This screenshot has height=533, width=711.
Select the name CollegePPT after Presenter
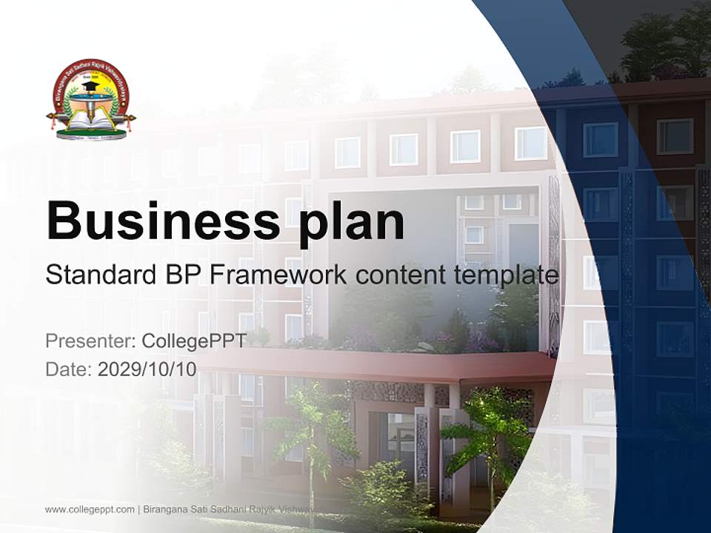click(x=193, y=341)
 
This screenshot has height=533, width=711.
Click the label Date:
click(x=69, y=369)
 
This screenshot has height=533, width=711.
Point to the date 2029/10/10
click(x=147, y=369)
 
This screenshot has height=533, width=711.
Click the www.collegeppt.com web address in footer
click(x=90, y=509)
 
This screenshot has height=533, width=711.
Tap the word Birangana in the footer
click(x=164, y=509)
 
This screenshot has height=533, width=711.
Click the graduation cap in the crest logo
click(x=91, y=87)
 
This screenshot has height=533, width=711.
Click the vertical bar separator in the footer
click(x=138, y=509)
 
